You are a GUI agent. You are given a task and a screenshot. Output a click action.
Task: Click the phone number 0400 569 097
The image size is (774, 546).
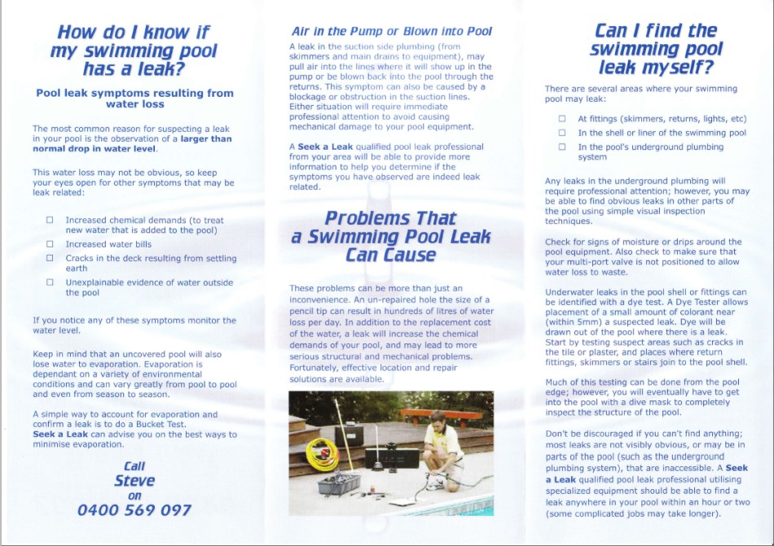pos(134,511)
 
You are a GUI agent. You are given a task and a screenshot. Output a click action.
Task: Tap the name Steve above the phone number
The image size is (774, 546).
pos(134,481)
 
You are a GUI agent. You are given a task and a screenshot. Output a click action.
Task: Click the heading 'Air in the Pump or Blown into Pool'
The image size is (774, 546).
pos(391,32)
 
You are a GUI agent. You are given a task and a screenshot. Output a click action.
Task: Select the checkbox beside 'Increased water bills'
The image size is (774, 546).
pos(50,244)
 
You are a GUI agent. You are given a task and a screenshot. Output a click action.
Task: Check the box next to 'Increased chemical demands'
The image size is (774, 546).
pos(50,221)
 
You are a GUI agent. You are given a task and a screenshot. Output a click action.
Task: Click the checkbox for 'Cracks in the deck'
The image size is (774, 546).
pos(50,259)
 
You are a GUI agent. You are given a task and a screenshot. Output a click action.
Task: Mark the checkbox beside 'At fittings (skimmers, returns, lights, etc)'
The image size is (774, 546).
pos(561,119)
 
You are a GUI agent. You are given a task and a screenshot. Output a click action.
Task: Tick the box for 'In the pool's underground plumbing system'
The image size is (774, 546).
pos(561,147)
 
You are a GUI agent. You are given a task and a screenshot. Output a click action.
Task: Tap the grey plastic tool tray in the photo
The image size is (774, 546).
pos(339,483)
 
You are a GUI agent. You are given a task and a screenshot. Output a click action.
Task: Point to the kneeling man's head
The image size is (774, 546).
pos(438,421)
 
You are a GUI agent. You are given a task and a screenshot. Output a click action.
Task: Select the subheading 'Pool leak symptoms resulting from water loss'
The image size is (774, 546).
pos(134,98)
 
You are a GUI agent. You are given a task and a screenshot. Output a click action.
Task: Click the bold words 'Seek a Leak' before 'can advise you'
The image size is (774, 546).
pos(59,435)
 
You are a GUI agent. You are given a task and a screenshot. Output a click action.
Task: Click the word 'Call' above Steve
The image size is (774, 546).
pos(134,466)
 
